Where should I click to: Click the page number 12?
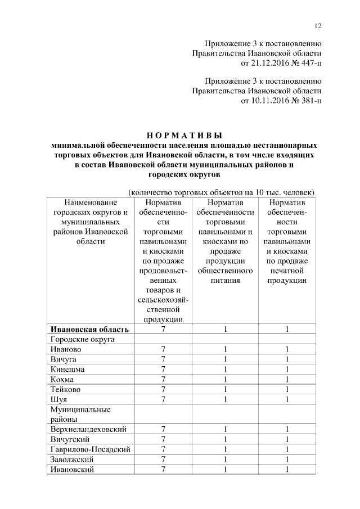(x=318, y=26)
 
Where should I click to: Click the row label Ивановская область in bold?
(x=89, y=329)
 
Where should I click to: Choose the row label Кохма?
(x=63, y=380)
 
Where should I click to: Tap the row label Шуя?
(x=59, y=400)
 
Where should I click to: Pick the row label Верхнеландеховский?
(x=88, y=430)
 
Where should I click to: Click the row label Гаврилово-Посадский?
(x=91, y=450)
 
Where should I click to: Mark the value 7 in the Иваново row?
(x=163, y=349)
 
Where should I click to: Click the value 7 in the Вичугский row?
(x=163, y=440)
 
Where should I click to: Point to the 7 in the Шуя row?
(x=163, y=400)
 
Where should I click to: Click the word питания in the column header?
(x=225, y=281)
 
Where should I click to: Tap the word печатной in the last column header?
(x=287, y=271)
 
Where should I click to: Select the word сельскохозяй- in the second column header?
(x=163, y=300)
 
